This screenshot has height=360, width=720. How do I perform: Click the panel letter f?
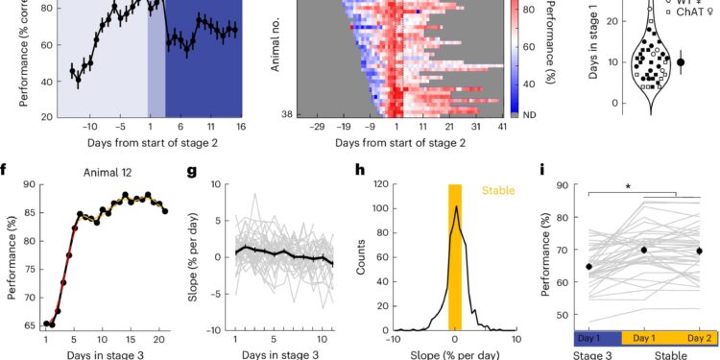coord(7,175)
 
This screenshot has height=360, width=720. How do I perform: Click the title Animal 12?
coord(108,175)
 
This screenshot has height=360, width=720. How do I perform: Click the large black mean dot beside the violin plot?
coord(681,61)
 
